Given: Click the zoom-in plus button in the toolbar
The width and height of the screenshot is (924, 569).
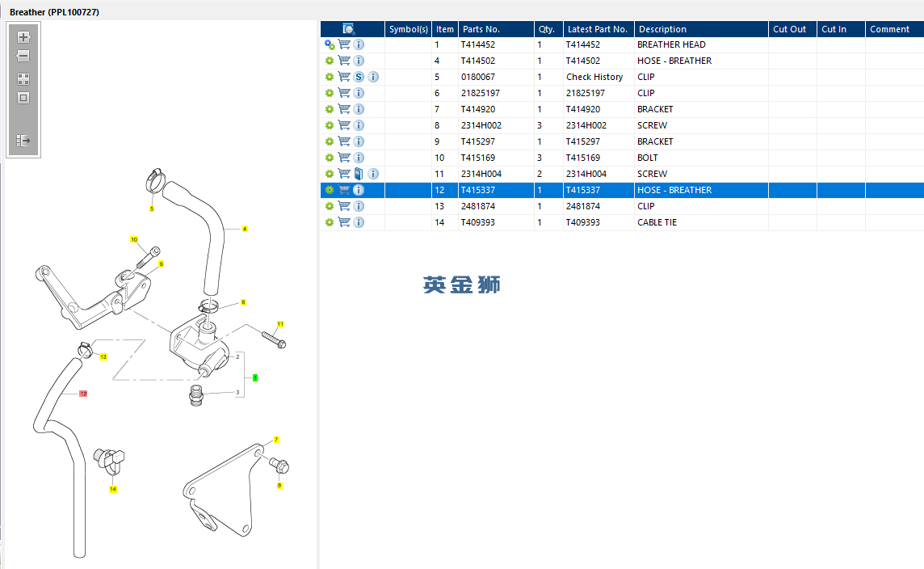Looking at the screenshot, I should tap(23, 37).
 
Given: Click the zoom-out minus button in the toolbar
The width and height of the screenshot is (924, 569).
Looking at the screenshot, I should tap(23, 56).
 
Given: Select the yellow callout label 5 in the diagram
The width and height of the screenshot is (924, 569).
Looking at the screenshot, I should tap(151, 209).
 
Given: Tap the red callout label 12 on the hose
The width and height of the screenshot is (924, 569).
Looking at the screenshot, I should tap(82, 394).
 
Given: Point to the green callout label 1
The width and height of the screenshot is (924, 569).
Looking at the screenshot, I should tap(255, 377).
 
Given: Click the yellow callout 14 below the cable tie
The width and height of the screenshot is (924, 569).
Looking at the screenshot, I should tap(113, 489).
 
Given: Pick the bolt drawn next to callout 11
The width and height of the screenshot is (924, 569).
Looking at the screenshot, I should tap(272, 339).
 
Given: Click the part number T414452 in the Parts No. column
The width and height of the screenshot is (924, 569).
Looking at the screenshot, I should tap(478, 44).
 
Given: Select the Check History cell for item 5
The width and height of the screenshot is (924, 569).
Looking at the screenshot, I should tap(594, 77).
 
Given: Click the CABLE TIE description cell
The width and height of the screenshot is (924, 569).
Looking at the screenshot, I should tap(657, 222).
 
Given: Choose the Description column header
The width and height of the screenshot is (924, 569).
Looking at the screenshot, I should tap(661, 29).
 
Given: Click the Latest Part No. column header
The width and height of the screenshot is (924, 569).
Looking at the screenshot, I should tap(597, 29).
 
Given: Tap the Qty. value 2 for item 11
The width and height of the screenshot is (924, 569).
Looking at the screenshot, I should tap(540, 174).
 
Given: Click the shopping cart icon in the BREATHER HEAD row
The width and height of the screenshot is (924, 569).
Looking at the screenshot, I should tap(344, 44).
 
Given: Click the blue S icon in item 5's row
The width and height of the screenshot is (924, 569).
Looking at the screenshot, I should tap(359, 77).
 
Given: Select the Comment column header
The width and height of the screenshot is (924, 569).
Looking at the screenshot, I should tap(889, 29).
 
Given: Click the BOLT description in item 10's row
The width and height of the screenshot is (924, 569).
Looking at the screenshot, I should tap(648, 158).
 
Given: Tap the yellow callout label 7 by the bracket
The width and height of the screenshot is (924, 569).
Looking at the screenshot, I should tap(276, 440).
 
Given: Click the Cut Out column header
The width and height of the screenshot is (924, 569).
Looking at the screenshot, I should tap(789, 29).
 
